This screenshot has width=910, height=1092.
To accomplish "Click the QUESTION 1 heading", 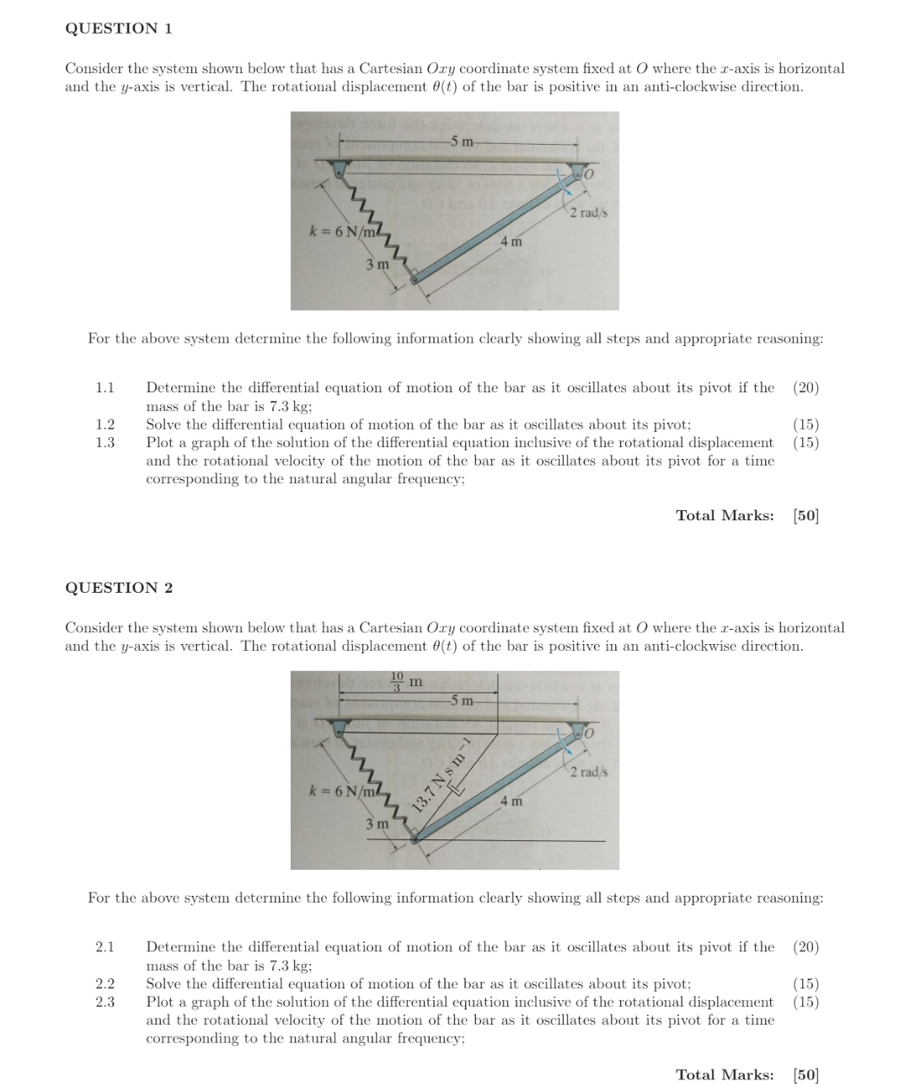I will coord(119,29).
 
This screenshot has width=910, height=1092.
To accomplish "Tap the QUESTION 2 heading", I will coord(119,588).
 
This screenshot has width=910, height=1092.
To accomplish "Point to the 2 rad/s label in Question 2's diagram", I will coord(588,772).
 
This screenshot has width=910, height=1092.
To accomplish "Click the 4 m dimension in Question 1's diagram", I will coord(511,242).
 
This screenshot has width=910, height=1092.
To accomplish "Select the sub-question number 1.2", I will coord(104,424).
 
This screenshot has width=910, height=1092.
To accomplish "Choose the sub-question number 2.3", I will coord(104,1002).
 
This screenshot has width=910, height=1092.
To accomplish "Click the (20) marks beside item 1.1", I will coord(806,387).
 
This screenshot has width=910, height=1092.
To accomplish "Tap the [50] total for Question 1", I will coord(806,515).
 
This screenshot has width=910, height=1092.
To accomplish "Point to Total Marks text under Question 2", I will coord(725,1074).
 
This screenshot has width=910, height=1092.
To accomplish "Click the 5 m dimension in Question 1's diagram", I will coord(461,141).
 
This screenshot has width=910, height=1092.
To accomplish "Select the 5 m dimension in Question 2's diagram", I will coord(461,700).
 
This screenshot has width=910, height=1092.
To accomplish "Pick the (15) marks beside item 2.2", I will coord(806,983).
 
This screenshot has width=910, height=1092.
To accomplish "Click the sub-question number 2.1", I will coord(104,946).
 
